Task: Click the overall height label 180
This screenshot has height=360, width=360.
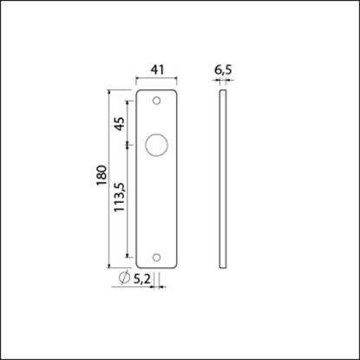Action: (x=101, y=177)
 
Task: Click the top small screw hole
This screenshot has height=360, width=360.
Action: (x=157, y=101)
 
